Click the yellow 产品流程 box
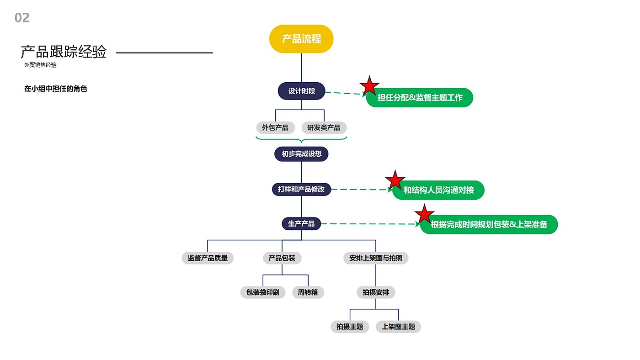301,39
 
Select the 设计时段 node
301,91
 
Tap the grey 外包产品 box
275,127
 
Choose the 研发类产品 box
324,127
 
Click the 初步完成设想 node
301,154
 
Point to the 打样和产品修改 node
301,189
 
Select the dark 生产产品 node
301,223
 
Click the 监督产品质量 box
208,258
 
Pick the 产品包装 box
282,258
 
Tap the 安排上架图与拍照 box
376,258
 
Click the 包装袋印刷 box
263,292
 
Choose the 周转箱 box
308,292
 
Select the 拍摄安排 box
376,292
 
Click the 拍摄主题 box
350,327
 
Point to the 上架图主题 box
398,327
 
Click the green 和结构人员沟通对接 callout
438,190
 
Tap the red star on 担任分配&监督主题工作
369,86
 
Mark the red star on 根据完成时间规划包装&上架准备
425,214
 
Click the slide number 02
22,18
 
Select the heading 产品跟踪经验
64,52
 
